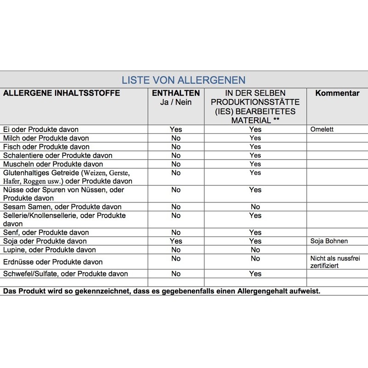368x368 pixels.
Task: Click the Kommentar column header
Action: click(337, 93)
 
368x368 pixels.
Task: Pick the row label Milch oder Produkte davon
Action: click(46, 138)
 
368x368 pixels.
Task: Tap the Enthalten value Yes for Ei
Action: click(176, 129)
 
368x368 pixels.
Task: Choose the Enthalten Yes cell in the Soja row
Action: click(176, 241)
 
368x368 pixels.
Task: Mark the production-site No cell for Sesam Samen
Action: click(255, 207)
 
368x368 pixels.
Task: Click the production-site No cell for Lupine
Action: click(255, 250)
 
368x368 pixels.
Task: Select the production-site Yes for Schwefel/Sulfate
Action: click(255, 274)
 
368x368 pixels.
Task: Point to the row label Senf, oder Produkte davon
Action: click(46, 232)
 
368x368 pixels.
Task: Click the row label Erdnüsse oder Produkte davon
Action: click(52, 262)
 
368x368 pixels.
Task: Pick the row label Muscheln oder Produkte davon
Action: click(52, 164)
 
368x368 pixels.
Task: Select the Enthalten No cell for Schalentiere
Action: click(176, 155)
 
